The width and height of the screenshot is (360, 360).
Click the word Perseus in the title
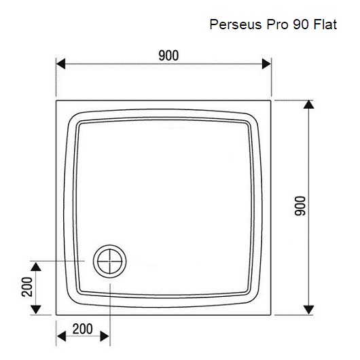[236, 24]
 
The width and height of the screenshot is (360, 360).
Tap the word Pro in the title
[277, 24]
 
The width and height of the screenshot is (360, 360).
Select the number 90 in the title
[300, 24]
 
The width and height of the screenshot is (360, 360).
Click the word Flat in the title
[325, 24]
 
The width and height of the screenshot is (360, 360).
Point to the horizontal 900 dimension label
[168, 55]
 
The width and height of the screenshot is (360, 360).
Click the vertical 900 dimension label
[300, 206]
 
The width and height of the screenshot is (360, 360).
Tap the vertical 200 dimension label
[27, 287]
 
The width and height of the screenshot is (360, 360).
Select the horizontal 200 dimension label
[83, 329]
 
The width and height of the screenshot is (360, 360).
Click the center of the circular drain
[110, 262]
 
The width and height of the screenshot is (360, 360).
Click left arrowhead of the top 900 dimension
[60, 64]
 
